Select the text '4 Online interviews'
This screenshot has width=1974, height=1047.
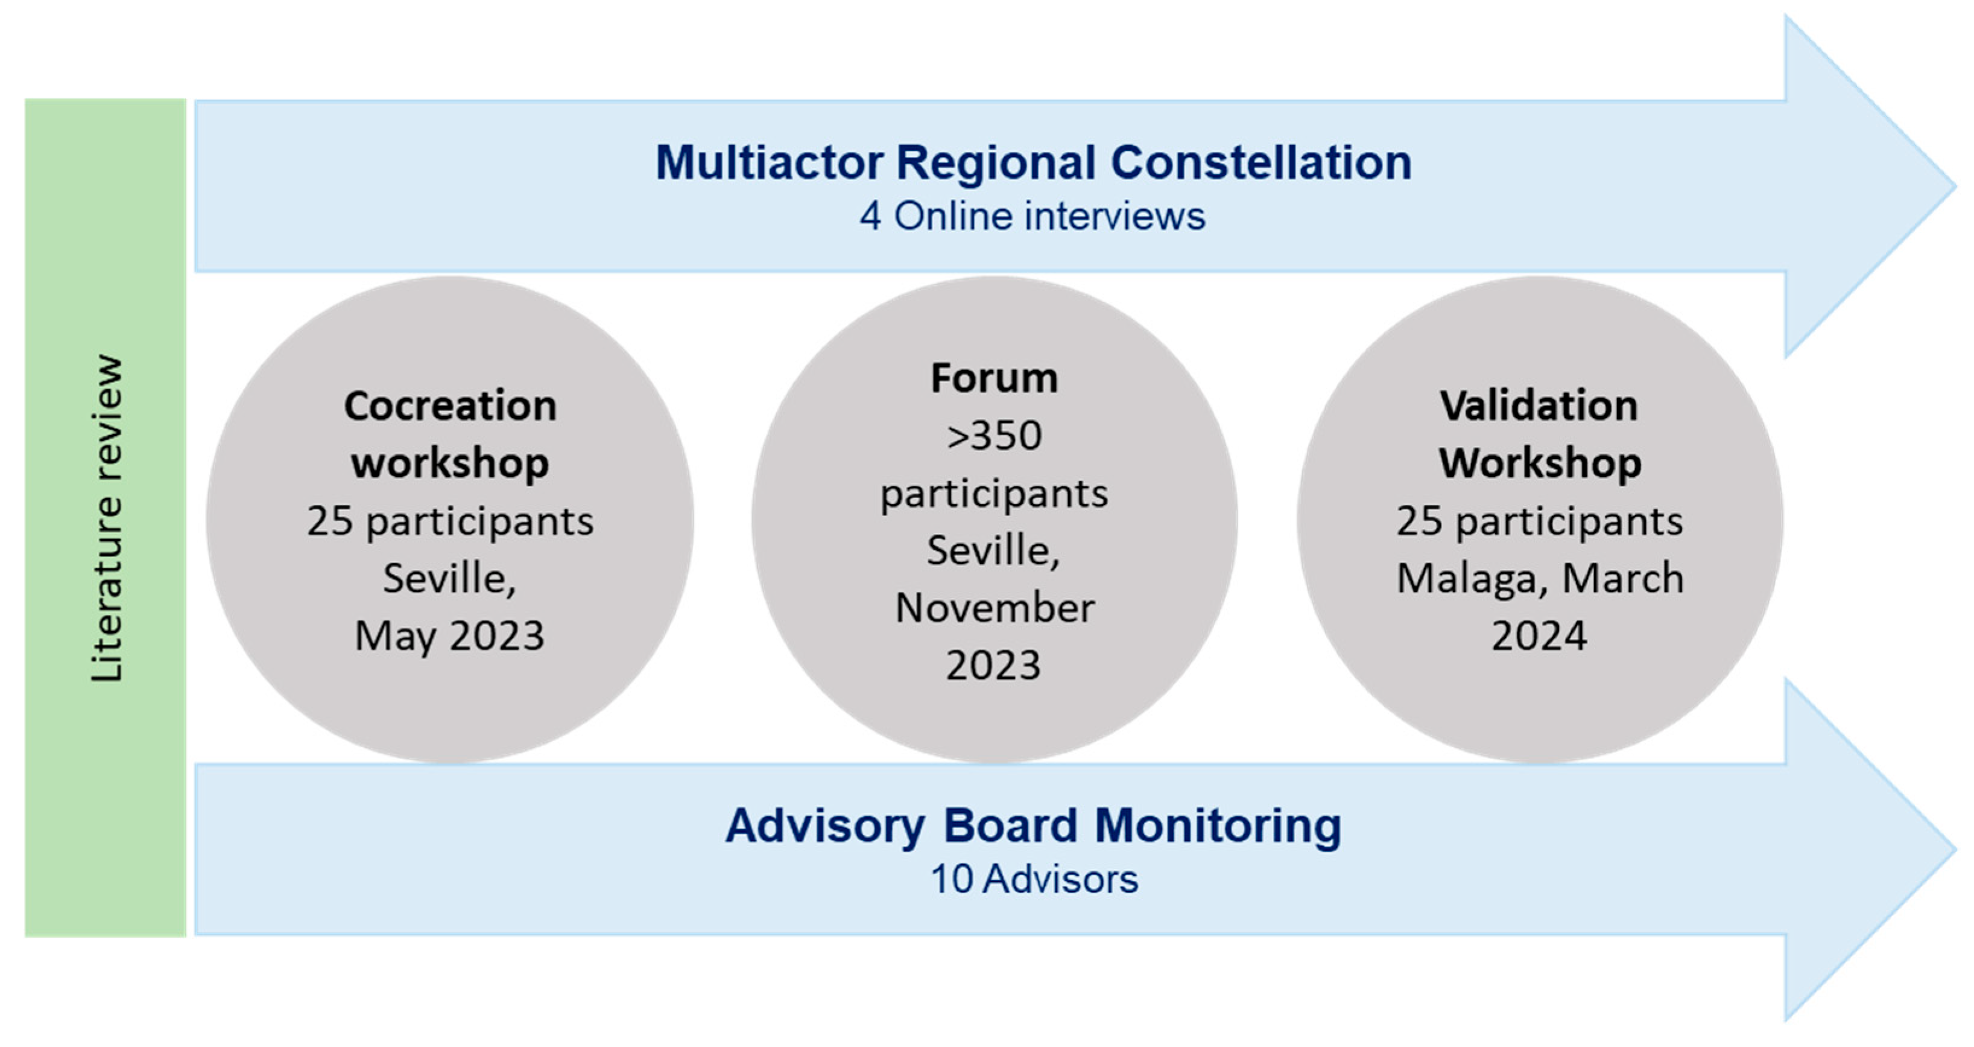pos(1032,216)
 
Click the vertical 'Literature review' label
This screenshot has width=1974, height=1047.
pos(106,518)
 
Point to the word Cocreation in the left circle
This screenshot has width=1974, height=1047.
pos(450,406)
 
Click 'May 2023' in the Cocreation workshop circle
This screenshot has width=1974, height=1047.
pos(450,636)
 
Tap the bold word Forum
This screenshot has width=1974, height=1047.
pos(994,378)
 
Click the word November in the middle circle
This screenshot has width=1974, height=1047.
pos(995,608)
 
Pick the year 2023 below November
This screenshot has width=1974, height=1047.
pos(994,665)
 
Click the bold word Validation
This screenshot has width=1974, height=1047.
pos(1539,406)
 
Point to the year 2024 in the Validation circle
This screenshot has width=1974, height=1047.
pos(1539,636)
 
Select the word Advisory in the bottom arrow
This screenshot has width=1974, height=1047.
pos(824,826)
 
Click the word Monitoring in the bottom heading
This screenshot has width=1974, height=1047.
pos(1218,826)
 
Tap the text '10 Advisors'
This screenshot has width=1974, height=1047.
pos(1034,879)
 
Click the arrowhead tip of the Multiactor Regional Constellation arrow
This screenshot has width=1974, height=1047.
pos(1955,186)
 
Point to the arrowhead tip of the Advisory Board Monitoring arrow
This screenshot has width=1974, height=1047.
pos(1955,849)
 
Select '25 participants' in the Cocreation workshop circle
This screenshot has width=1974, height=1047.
pos(450,522)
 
